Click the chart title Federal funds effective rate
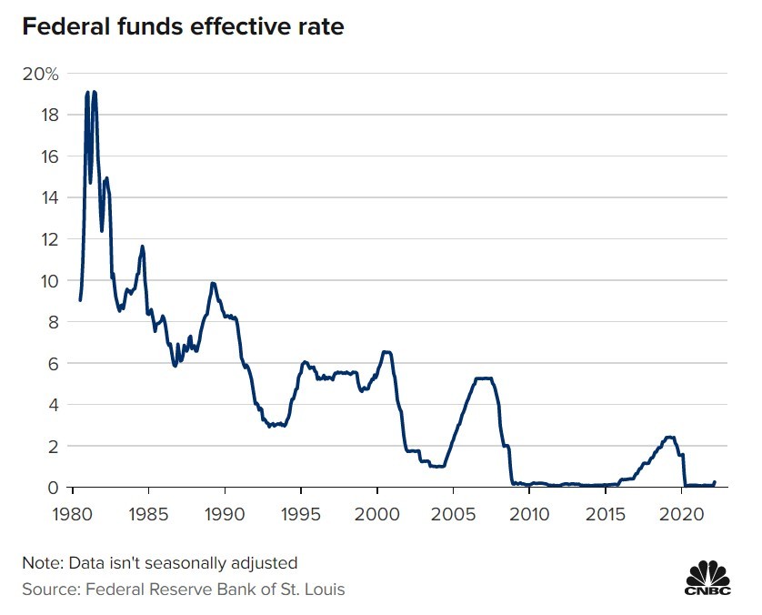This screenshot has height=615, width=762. [x=183, y=27]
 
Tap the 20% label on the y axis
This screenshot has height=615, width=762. [x=39, y=74]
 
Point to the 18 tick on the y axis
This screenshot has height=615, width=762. [x=49, y=115]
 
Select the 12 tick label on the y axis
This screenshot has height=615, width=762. [x=49, y=239]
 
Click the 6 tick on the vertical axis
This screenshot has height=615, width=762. [x=53, y=363]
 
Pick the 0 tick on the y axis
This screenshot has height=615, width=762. [x=53, y=488]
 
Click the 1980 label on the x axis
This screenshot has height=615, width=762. [x=74, y=515]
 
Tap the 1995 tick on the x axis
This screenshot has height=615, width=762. [x=301, y=515]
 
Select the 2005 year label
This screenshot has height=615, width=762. [x=452, y=515]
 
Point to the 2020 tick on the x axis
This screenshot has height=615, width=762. [x=682, y=515]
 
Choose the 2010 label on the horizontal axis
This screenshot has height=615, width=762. [x=529, y=515]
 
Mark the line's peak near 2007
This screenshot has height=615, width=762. [x=484, y=378]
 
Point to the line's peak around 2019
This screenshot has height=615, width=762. [x=670, y=438]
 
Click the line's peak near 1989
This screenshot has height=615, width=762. [x=213, y=283]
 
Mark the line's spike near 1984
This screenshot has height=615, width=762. [x=142, y=246]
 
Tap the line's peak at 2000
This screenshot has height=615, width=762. [x=386, y=351]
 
